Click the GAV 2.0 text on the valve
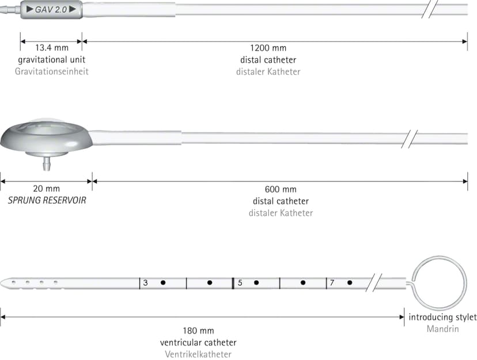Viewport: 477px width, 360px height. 51,9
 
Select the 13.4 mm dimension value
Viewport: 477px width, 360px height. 52,48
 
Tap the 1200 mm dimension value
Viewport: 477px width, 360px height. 268,48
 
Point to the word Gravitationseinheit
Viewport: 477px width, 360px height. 52,71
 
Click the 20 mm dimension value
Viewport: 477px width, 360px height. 46,188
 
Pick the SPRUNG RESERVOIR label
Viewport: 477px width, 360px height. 47,200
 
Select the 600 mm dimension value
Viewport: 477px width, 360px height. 281,189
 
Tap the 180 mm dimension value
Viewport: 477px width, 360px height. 198,331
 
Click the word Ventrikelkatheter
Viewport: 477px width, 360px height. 198,354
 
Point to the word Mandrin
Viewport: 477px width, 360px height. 442,329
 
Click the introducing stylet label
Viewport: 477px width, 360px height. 442,317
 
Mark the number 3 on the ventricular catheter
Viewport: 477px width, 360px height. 145,283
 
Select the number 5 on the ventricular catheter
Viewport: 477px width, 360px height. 240,283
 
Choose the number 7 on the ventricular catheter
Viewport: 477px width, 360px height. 332,283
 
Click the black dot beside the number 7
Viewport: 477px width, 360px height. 350,283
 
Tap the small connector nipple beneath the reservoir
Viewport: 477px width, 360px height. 47,164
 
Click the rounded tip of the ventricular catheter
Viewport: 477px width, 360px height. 2,283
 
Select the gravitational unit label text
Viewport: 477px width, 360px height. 52,59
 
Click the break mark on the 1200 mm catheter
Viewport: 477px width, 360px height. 430,9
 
